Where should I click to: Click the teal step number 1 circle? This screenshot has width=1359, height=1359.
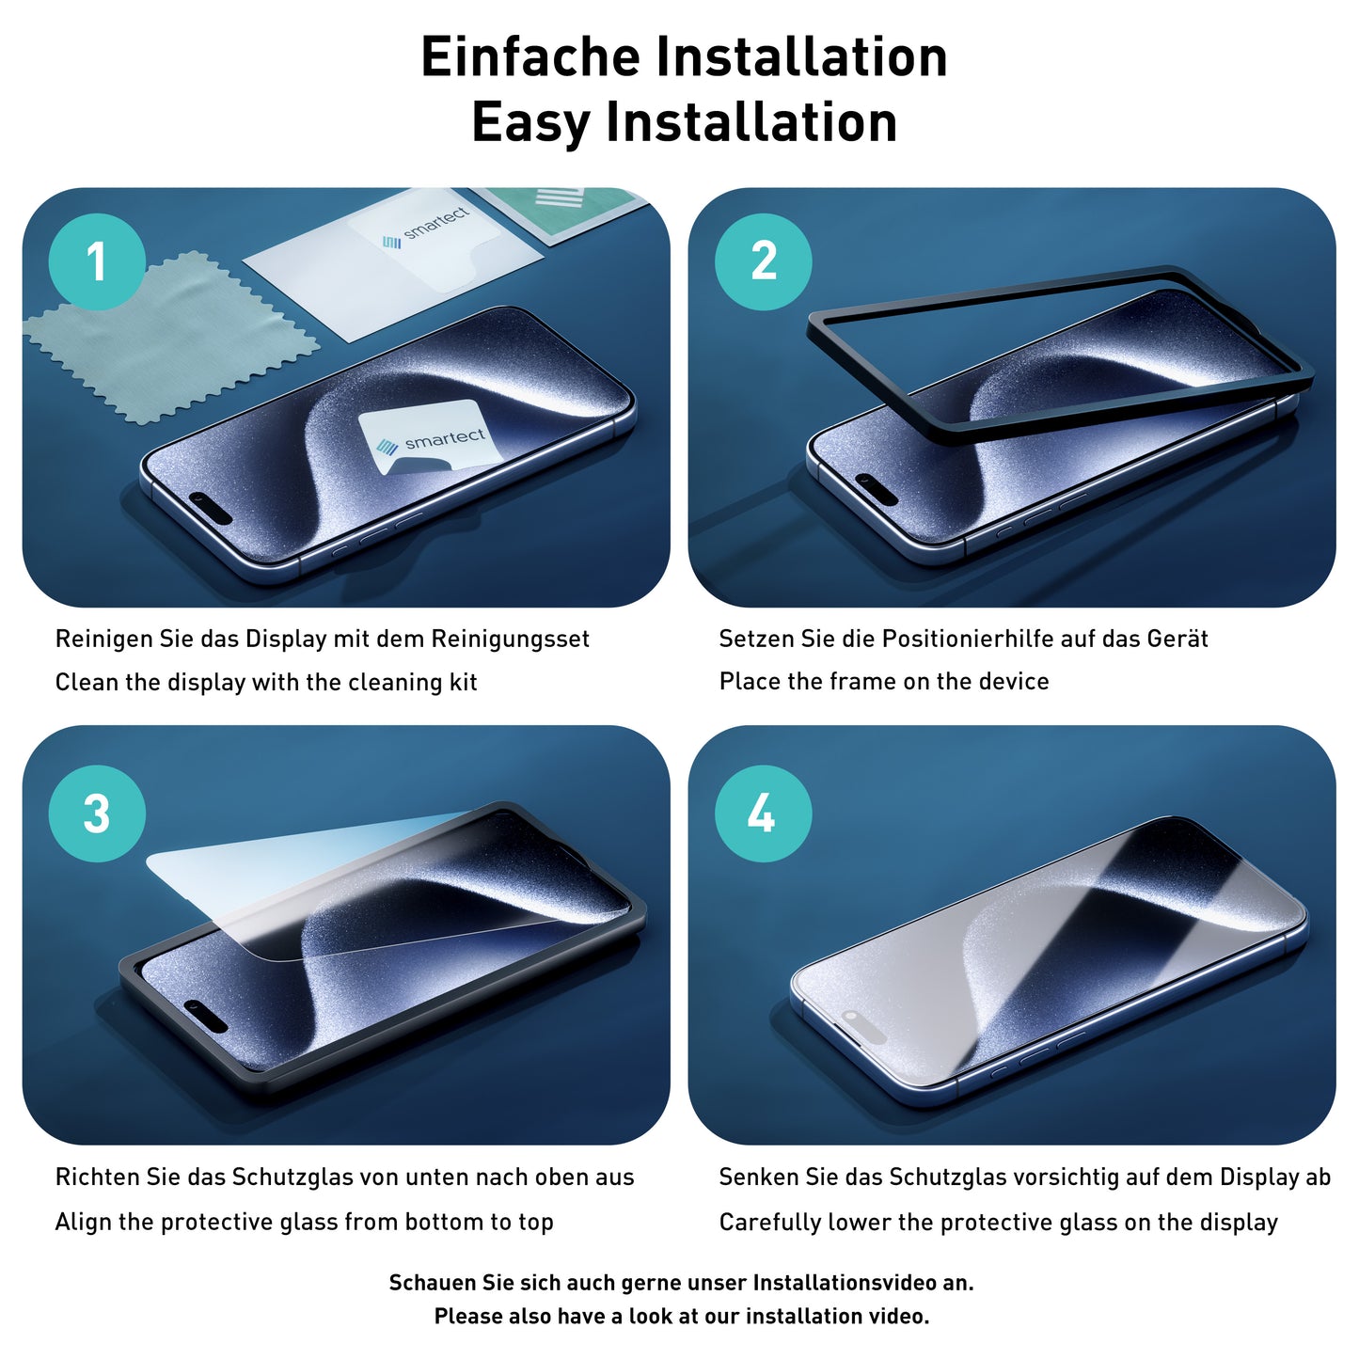pos(97,261)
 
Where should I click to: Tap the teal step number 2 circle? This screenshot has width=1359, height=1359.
pos(763,261)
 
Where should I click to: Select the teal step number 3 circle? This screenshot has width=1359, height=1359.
pos(97,814)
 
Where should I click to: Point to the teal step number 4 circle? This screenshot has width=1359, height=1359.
pos(763,814)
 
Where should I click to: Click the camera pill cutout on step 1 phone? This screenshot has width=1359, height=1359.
pos(211,506)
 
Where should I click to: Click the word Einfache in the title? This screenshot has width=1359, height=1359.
pos(531,57)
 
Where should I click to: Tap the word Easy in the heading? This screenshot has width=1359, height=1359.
pos(530,123)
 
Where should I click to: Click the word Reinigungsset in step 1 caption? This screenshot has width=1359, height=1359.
pos(510,640)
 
